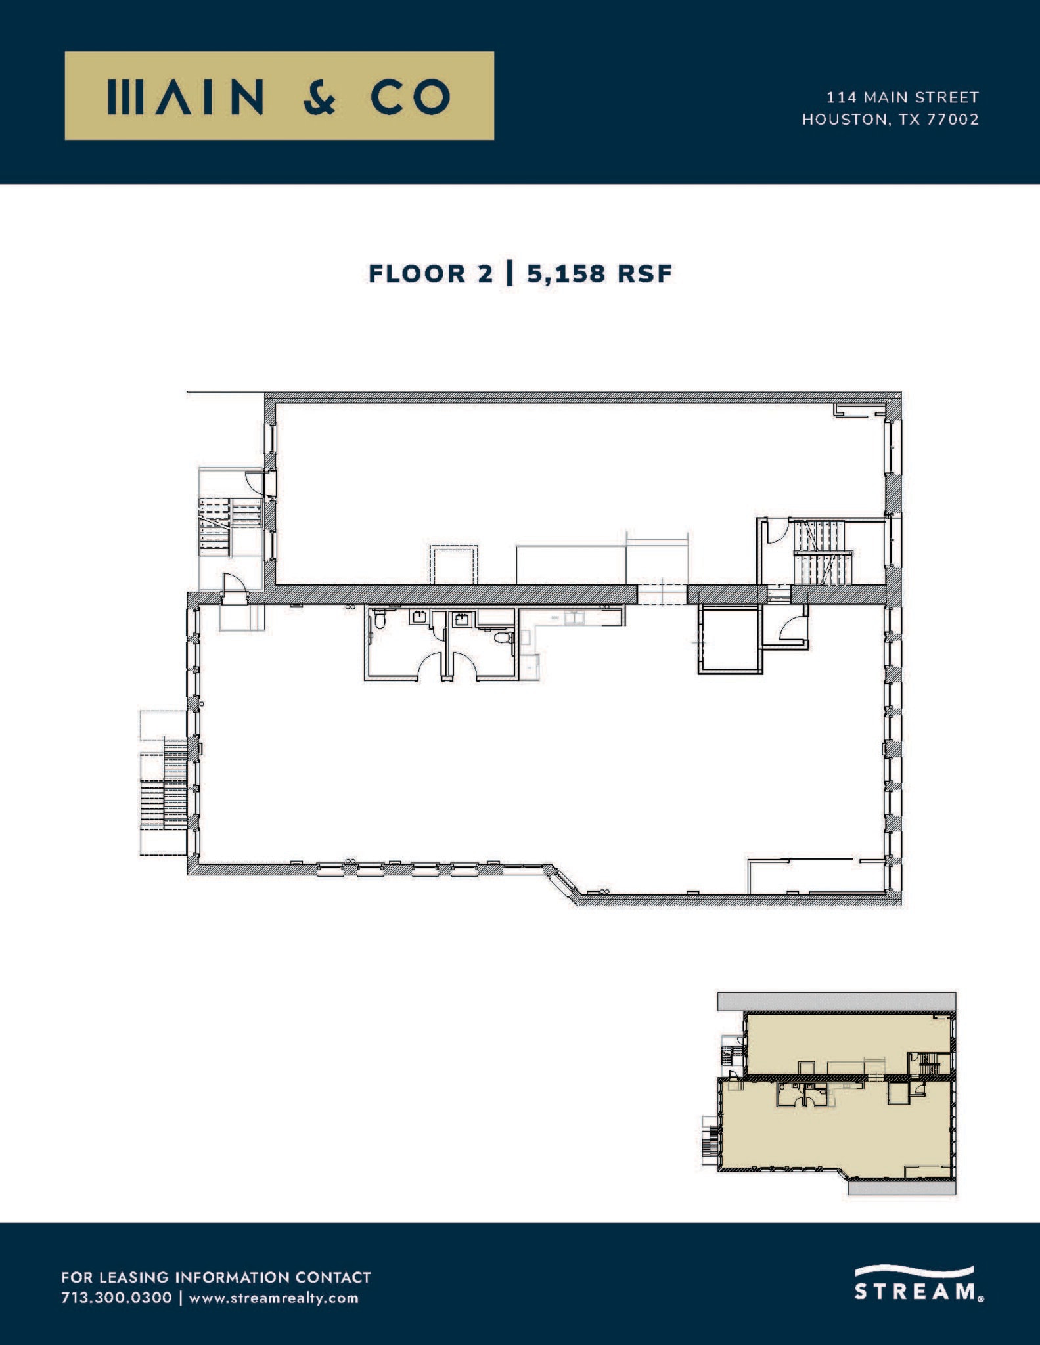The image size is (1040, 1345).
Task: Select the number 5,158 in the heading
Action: click(x=566, y=274)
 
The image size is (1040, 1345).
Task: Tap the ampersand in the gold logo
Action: click(x=321, y=97)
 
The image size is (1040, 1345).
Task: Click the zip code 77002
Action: click(x=953, y=120)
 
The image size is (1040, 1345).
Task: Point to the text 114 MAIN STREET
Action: click(x=902, y=97)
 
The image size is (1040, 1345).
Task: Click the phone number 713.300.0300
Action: click(x=116, y=1298)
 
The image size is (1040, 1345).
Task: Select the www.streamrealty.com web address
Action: click(x=274, y=1298)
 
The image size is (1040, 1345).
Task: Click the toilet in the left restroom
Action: click(x=380, y=620)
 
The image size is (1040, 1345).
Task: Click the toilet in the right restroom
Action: click(x=502, y=637)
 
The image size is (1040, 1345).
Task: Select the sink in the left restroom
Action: click(x=419, y=617)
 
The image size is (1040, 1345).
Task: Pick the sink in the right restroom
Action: click(x=463, y=617)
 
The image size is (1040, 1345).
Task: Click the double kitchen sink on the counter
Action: click(x=574, y=617)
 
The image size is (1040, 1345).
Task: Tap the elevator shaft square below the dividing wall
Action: click(x=730, y=639)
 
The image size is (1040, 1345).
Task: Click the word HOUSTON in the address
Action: click(x=844, y=120)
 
